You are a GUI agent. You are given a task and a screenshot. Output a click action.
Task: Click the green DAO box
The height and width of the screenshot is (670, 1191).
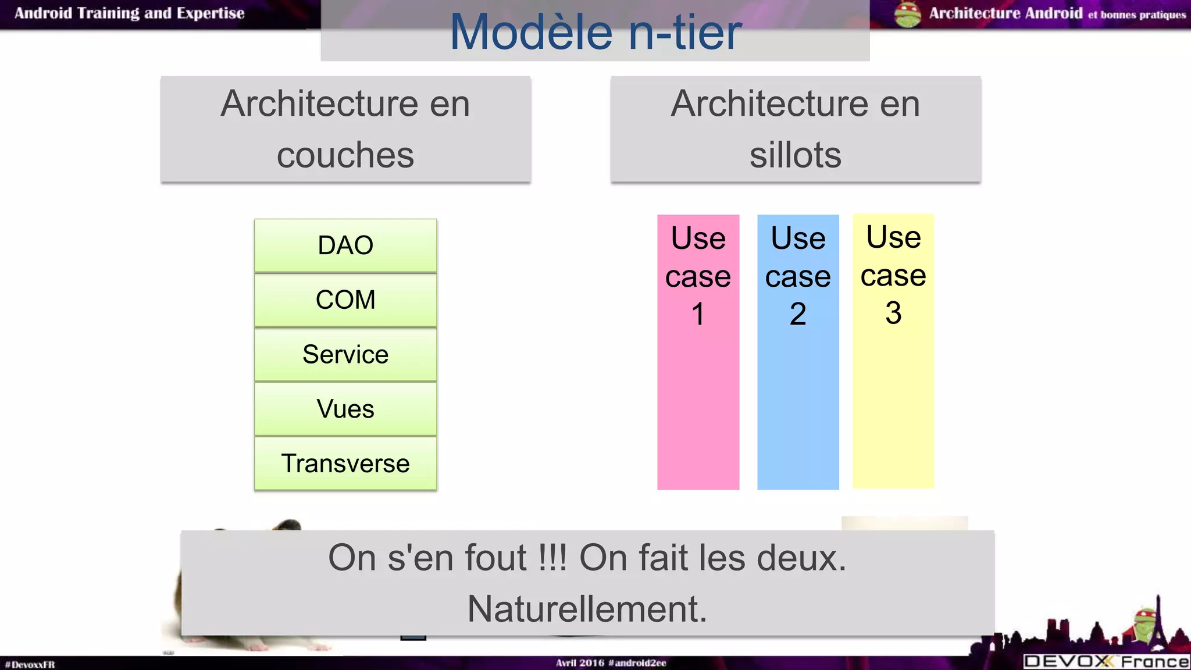(345, 245)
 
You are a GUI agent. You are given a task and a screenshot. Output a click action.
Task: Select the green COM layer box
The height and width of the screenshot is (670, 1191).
(345, 300)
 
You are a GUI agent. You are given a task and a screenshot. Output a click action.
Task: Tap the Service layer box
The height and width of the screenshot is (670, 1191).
(345, 355)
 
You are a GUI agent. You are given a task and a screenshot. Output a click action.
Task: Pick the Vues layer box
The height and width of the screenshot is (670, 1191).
(345, 409)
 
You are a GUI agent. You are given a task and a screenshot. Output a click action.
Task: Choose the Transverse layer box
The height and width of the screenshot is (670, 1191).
(345, 464)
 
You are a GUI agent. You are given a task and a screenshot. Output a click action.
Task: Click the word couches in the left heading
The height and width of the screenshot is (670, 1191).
(345, 155)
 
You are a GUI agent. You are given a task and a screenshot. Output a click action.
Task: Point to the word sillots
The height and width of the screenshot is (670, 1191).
(795, 155)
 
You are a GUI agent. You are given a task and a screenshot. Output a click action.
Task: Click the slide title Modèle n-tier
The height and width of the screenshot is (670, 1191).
(595, 31)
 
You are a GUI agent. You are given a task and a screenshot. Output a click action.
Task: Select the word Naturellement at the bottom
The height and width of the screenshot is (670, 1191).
(587, 609)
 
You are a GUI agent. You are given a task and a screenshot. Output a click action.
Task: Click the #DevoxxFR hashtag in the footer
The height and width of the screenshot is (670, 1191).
(30, 664)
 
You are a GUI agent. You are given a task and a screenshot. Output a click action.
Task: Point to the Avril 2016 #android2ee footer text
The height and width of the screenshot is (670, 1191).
(611, 662)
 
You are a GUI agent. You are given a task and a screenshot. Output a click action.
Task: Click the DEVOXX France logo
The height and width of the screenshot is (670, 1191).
(1106, 661)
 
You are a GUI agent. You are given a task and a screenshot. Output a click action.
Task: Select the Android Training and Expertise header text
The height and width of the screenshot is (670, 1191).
(129, 13)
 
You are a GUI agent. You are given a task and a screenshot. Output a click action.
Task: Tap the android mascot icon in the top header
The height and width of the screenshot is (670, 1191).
(907, 14)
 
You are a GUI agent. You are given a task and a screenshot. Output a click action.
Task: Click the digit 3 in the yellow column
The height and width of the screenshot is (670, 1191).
(893, 313)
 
